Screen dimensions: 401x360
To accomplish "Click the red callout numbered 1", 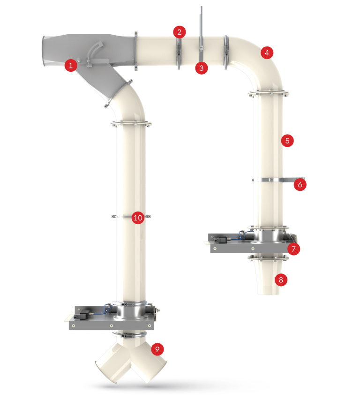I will (70, 65).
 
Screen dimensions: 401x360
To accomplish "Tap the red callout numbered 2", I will (179, 32).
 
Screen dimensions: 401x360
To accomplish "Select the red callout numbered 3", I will (202, 68).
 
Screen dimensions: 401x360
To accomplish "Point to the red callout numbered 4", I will (267, 53).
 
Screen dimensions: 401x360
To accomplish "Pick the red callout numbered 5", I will (287, 140).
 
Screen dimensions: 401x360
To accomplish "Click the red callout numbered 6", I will (300, 185).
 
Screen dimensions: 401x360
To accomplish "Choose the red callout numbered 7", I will (293, 249).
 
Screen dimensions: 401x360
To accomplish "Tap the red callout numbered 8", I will (281, 280).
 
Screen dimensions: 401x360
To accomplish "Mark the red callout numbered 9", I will (157, 349).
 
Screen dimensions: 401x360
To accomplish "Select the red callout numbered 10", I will (137, 218).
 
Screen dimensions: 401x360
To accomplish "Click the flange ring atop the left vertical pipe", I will (131, 124).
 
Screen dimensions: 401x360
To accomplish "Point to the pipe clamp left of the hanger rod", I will (179, 52).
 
